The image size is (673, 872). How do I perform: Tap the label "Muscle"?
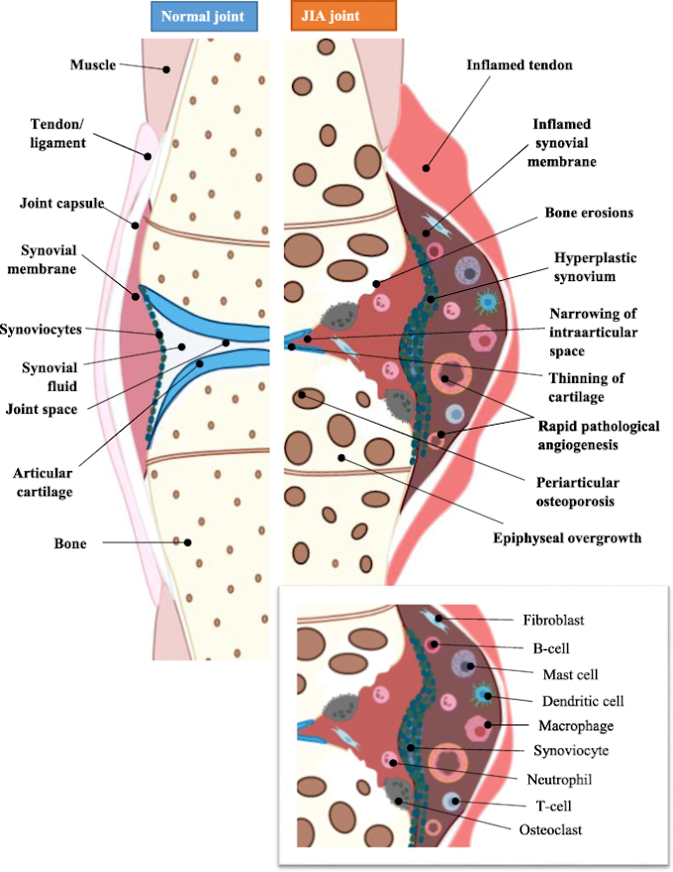[93, 65]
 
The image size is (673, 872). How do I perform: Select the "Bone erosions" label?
[575, 213]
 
